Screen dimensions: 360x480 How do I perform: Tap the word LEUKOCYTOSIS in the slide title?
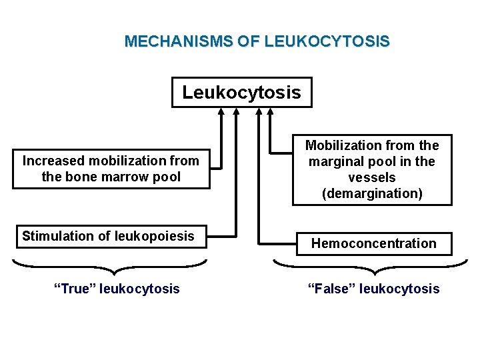click(327, 41)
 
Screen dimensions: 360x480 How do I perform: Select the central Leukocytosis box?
click(241, 92)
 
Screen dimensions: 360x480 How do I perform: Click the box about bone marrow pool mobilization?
click(111, 169)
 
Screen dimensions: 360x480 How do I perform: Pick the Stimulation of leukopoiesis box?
click(111, 237)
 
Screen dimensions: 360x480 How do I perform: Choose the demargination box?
click(372, 170)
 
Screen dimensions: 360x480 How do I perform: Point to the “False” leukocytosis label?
click(373, 289)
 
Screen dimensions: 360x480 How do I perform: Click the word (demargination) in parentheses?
click(373, 194)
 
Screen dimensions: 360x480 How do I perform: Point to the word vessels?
click(372, 177)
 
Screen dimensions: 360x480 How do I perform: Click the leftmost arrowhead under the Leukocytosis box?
click(219, 111)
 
